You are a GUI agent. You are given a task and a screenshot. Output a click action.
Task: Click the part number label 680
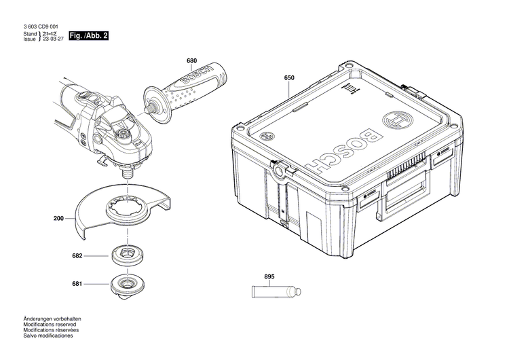192,60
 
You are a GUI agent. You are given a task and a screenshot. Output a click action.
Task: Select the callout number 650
289,78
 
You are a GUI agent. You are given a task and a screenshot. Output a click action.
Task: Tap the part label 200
58,219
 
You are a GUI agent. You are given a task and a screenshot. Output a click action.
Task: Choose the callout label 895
269,276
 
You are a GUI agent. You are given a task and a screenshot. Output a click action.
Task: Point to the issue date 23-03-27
54,39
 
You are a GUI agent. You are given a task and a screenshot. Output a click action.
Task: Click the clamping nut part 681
126,281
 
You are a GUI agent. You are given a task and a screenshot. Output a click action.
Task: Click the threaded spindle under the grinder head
126,173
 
